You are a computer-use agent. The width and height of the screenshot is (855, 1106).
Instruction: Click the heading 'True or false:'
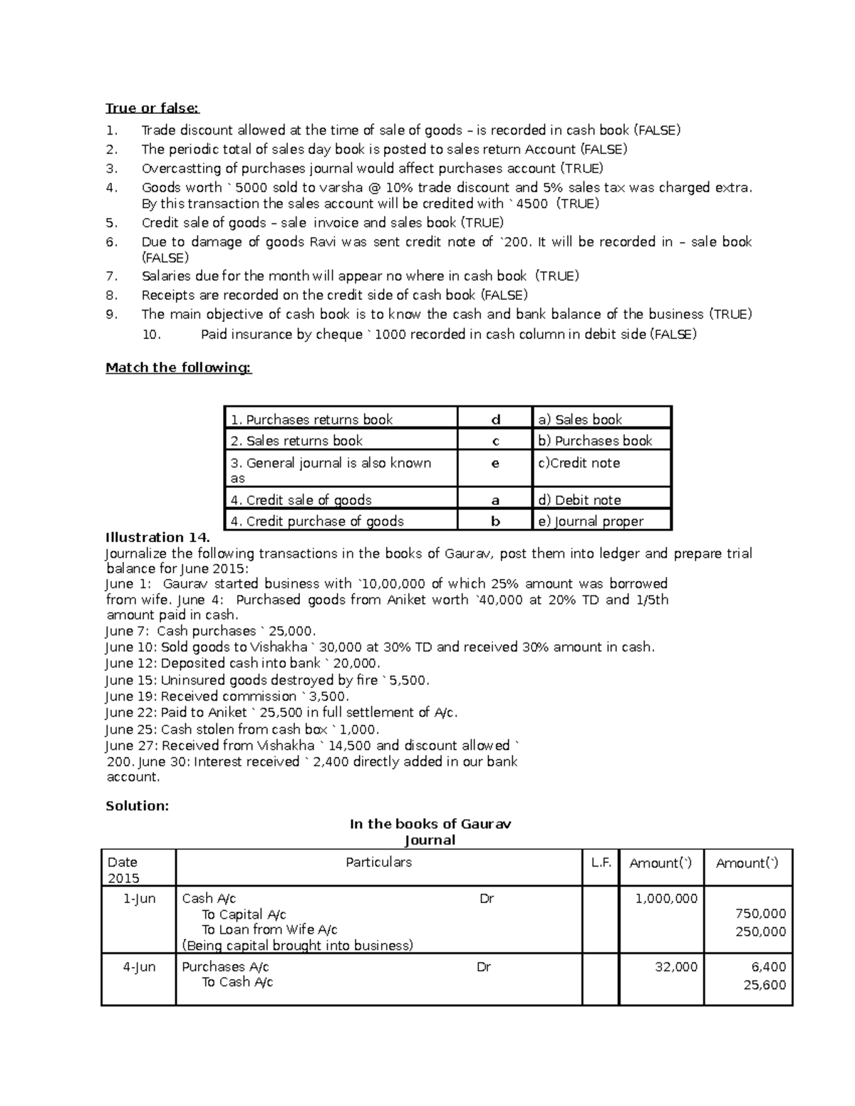152,108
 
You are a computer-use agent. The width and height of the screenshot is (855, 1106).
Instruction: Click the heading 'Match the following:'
178,367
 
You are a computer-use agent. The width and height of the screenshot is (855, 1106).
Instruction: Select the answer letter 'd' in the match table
496,419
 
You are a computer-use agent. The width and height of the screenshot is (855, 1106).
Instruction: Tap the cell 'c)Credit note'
579,463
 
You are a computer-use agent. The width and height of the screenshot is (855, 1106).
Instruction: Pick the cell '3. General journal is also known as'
331,469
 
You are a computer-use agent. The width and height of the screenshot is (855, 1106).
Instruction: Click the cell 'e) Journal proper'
591,521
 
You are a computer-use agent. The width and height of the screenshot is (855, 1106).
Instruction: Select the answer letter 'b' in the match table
496,521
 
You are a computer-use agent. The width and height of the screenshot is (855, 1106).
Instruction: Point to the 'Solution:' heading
137,806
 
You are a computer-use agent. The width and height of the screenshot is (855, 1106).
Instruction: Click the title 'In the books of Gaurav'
430,824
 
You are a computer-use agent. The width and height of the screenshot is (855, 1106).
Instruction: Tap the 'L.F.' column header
601,863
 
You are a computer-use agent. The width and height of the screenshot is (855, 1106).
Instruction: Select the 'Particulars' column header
378,862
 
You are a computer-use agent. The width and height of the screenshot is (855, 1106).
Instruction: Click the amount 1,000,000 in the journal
666,899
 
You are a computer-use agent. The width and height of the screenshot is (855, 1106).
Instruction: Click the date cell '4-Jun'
139,967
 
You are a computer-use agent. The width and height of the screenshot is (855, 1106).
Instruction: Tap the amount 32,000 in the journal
676,967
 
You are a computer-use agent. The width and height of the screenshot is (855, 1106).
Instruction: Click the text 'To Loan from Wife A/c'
269,929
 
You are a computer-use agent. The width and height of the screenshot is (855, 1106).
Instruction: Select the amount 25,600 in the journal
765,985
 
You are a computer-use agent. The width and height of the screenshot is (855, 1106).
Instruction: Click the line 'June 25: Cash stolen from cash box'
242,729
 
